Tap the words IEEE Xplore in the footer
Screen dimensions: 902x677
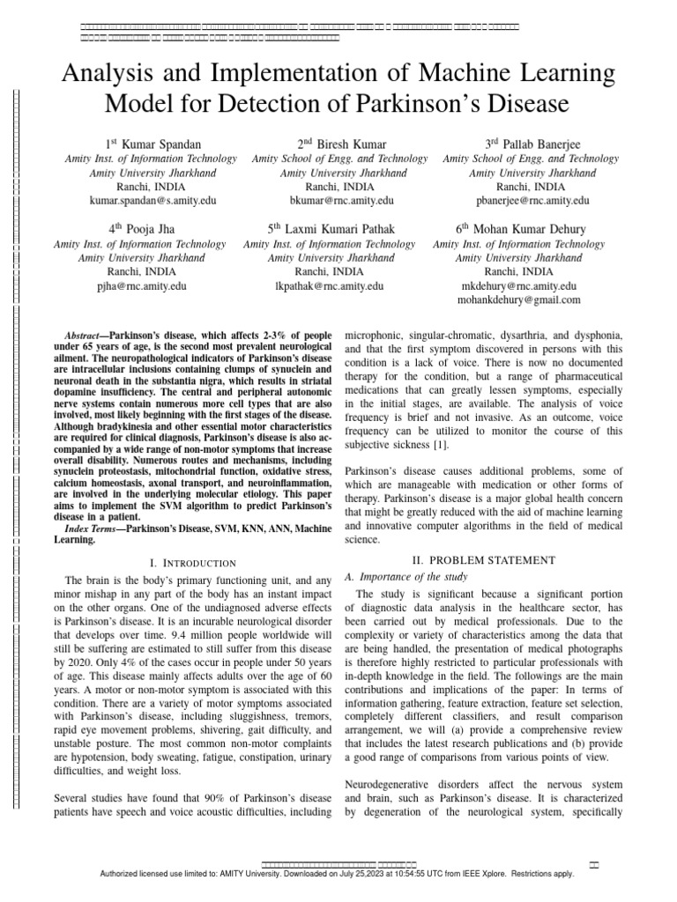[x=501, y=875]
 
